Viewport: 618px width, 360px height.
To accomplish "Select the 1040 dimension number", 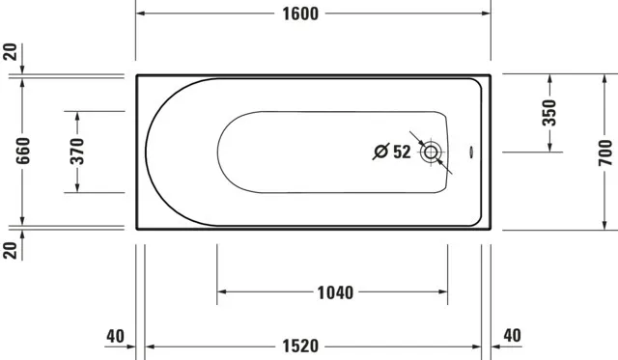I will coord(333,291).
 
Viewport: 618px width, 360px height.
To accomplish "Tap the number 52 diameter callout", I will coord(402,152).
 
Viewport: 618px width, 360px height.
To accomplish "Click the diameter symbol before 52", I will coord(380,152).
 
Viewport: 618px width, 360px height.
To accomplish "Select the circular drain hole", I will coord(431,152).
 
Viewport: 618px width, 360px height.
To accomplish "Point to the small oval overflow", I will coord(470,151).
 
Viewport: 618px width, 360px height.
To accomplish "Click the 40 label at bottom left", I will coord(116,336).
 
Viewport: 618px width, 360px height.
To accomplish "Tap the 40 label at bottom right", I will coord(513,336).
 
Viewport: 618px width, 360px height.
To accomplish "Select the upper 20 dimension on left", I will coord(11,52).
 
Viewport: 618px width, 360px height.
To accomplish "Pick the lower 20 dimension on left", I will coord(11,251).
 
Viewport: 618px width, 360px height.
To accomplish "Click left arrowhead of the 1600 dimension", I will coord(141,14).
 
